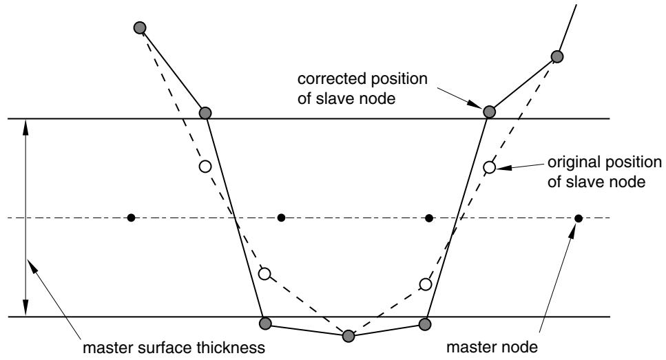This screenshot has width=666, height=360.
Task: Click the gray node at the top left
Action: pos(140,28)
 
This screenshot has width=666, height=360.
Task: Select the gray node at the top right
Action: pos(557,56)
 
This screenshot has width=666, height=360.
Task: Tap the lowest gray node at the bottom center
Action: pos(348,336)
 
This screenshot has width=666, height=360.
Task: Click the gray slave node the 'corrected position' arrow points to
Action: pos(489,112)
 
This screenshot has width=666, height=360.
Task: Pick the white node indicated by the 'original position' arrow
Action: pos(489,167)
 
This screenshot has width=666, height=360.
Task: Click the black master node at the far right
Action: pos(578,218)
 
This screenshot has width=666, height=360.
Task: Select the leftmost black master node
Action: pos(132,218)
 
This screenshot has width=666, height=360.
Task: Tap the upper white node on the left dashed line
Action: pos(205,167)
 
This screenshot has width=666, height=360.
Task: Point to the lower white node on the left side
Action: pos(264,274)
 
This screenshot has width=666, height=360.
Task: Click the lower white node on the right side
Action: pos(426,284)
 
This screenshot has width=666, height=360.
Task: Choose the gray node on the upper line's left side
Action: pos(205,113)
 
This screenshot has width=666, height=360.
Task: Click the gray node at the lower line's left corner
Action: pos(265,324)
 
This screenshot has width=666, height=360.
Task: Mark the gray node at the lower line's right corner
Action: pos(425,324)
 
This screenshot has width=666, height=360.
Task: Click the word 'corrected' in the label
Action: pos(332,79)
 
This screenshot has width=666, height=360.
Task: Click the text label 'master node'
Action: pos(492,347)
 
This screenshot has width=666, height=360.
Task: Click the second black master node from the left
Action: pos(281,218)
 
